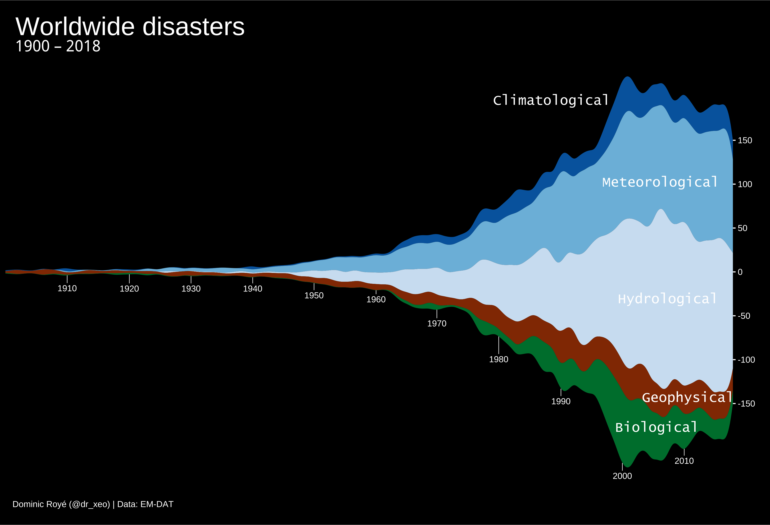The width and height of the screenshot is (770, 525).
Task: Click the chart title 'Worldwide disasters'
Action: click(130, 27)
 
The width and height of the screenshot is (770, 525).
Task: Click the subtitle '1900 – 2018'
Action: click(58, 46)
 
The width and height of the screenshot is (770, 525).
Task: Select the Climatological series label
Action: click(551, 100)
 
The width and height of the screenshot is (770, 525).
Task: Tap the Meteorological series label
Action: click(660, 182)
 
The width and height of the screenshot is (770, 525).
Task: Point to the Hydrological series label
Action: click(667, 299)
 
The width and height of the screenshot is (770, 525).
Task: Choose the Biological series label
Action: click(656, 427)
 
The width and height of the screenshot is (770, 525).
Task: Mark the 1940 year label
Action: click(253, 289)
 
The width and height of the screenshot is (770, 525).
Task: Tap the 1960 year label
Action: click(376, 299)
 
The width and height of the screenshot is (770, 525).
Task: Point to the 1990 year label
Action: click(561, 401)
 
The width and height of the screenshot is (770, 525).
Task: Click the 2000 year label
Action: click(622, 476)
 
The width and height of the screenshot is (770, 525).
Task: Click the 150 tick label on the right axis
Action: click(745, 140)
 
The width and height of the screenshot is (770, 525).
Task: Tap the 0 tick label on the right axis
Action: click(740, 272)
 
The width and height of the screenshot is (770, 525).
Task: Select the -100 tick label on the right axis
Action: click(746, 360)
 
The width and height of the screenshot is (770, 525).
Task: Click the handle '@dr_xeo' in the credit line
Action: click(90, 504)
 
